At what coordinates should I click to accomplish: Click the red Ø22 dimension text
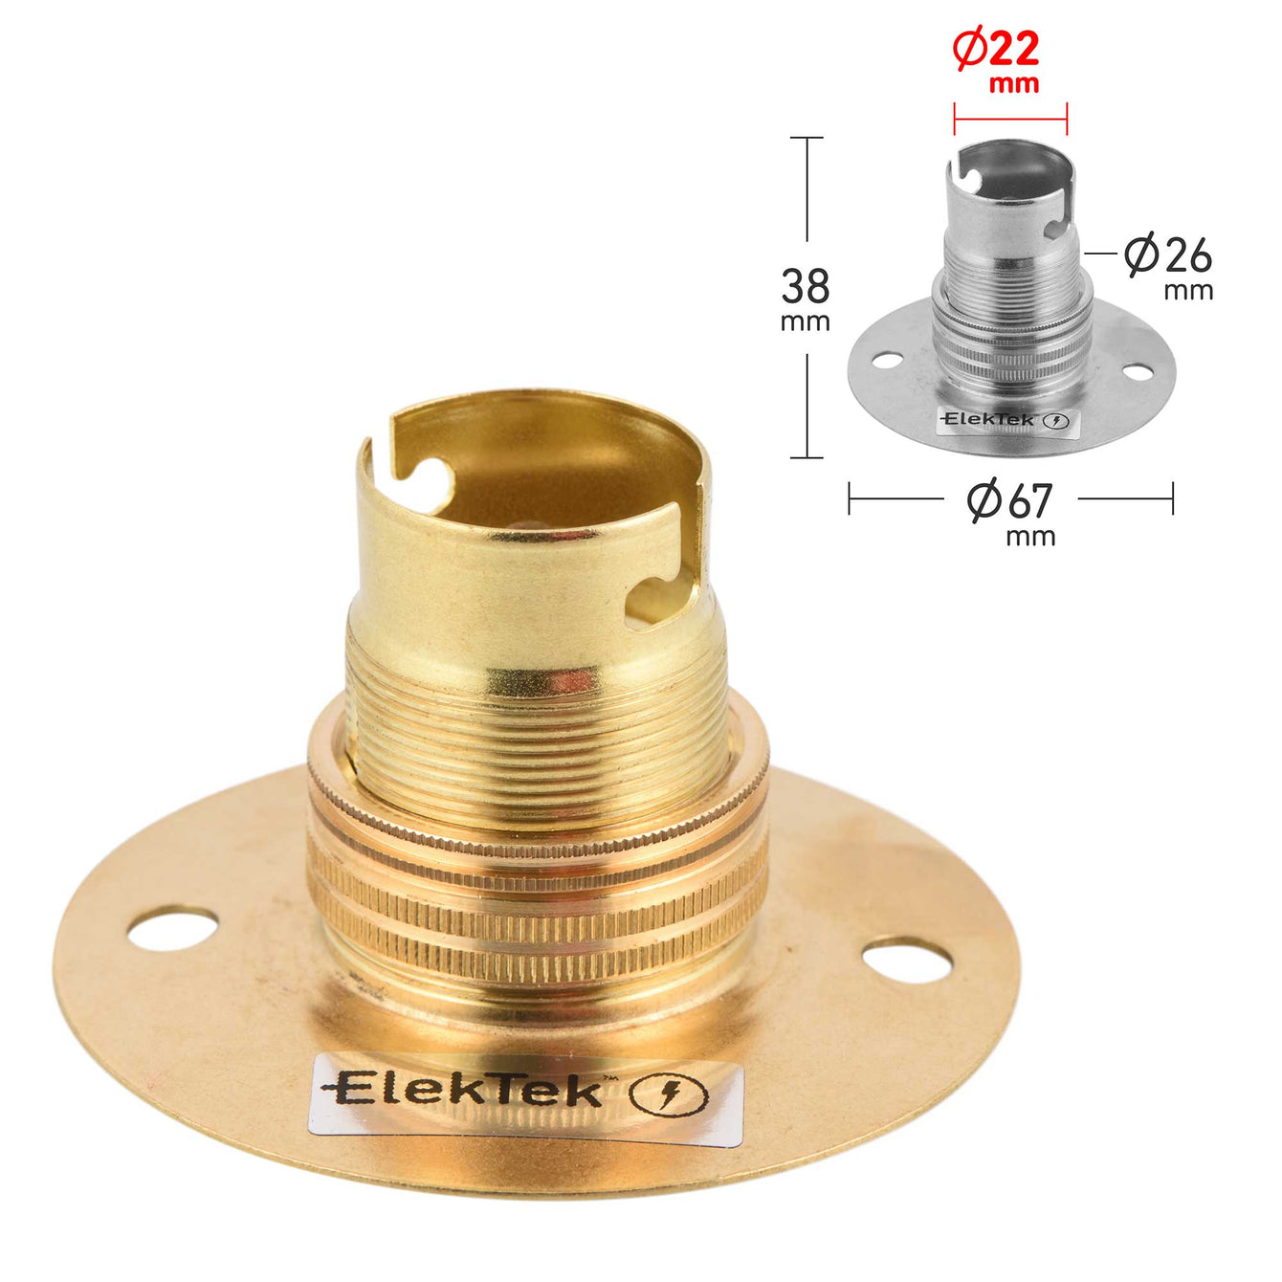(x=995, y=50)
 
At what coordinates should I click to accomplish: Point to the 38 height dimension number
(x=805, y=287)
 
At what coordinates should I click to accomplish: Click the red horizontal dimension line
(x=1010, y=120)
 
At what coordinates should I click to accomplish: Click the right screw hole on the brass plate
(x=907, y=961)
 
